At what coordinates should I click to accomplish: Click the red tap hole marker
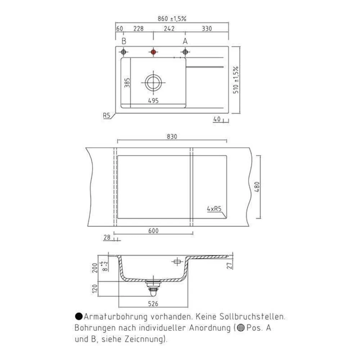coord(153,52)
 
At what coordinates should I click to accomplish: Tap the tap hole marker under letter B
coord(123,52)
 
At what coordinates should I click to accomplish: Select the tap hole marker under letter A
coord(185,52)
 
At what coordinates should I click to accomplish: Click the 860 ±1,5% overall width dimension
coord(172,19)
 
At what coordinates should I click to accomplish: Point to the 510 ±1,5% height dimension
coord(236,80)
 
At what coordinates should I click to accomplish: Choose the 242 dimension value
coord(169,29)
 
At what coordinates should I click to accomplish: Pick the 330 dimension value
coord(207,29)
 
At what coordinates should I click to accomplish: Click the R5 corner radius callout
coord(106,116)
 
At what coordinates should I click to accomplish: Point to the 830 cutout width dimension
coord(172,136)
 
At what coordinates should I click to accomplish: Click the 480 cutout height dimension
coord(257,187)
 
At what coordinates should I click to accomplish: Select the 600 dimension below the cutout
coord(154,231)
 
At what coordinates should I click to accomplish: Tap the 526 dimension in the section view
coord(154,303)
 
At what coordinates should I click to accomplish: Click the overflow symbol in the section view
coord(176,262)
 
